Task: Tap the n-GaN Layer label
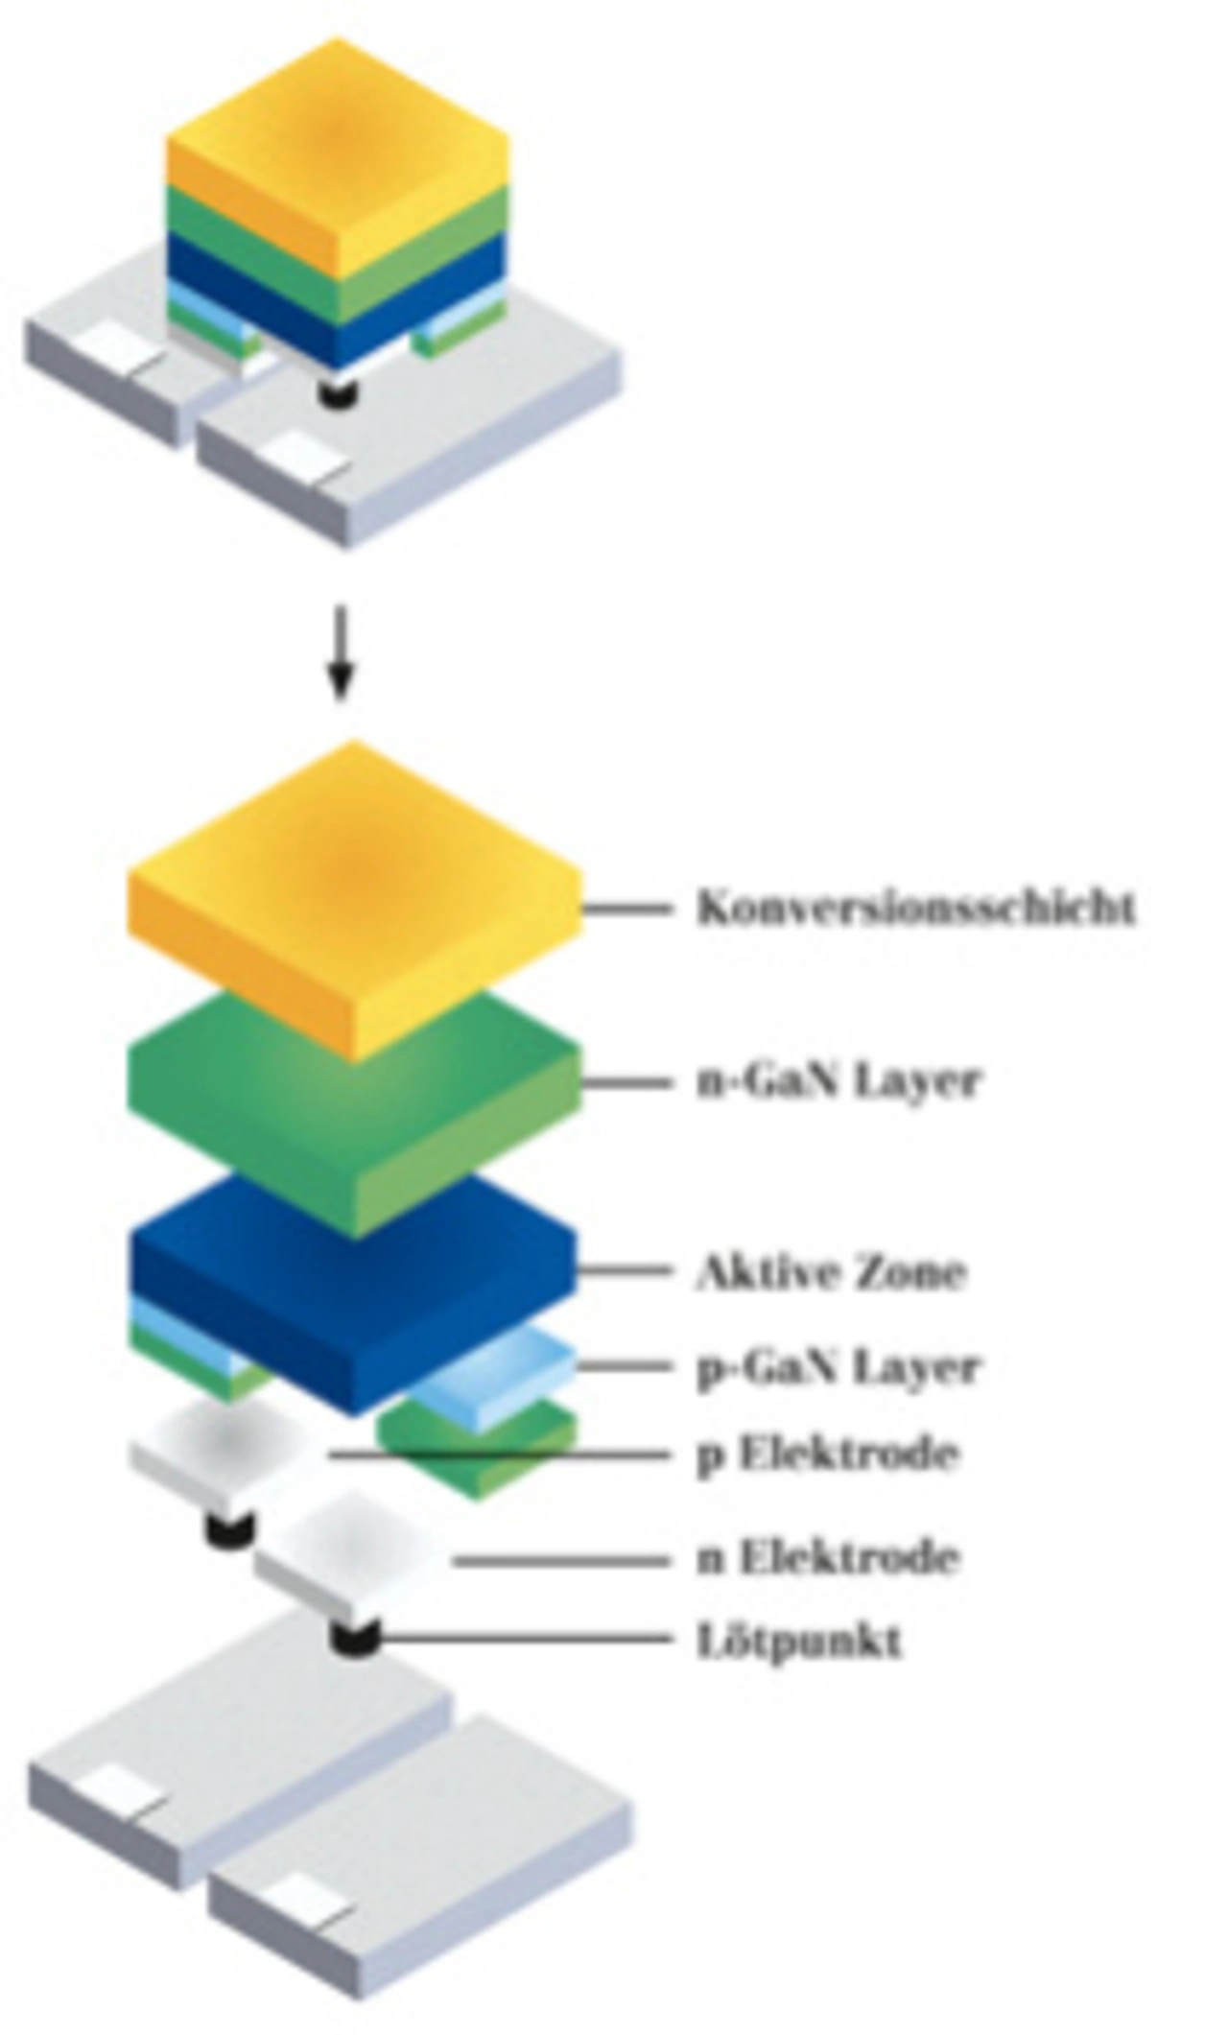click(x=838, y=1081)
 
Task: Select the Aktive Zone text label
click(x=831, y=1271)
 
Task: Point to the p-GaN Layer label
click(x=838, y=1367)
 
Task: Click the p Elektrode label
click(x=828, y=1455)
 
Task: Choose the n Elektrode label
click(x=828, y=1556)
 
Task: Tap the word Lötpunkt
click(x=799, y=1640)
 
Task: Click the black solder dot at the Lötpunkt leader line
click(x=356, y=1636)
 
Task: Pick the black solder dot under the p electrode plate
click(x=230, y=1526)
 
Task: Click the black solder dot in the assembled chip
click(x=337, y=392)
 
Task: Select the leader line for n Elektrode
click(x=562, y=1562)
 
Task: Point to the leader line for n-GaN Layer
click(x=626, y=1082)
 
